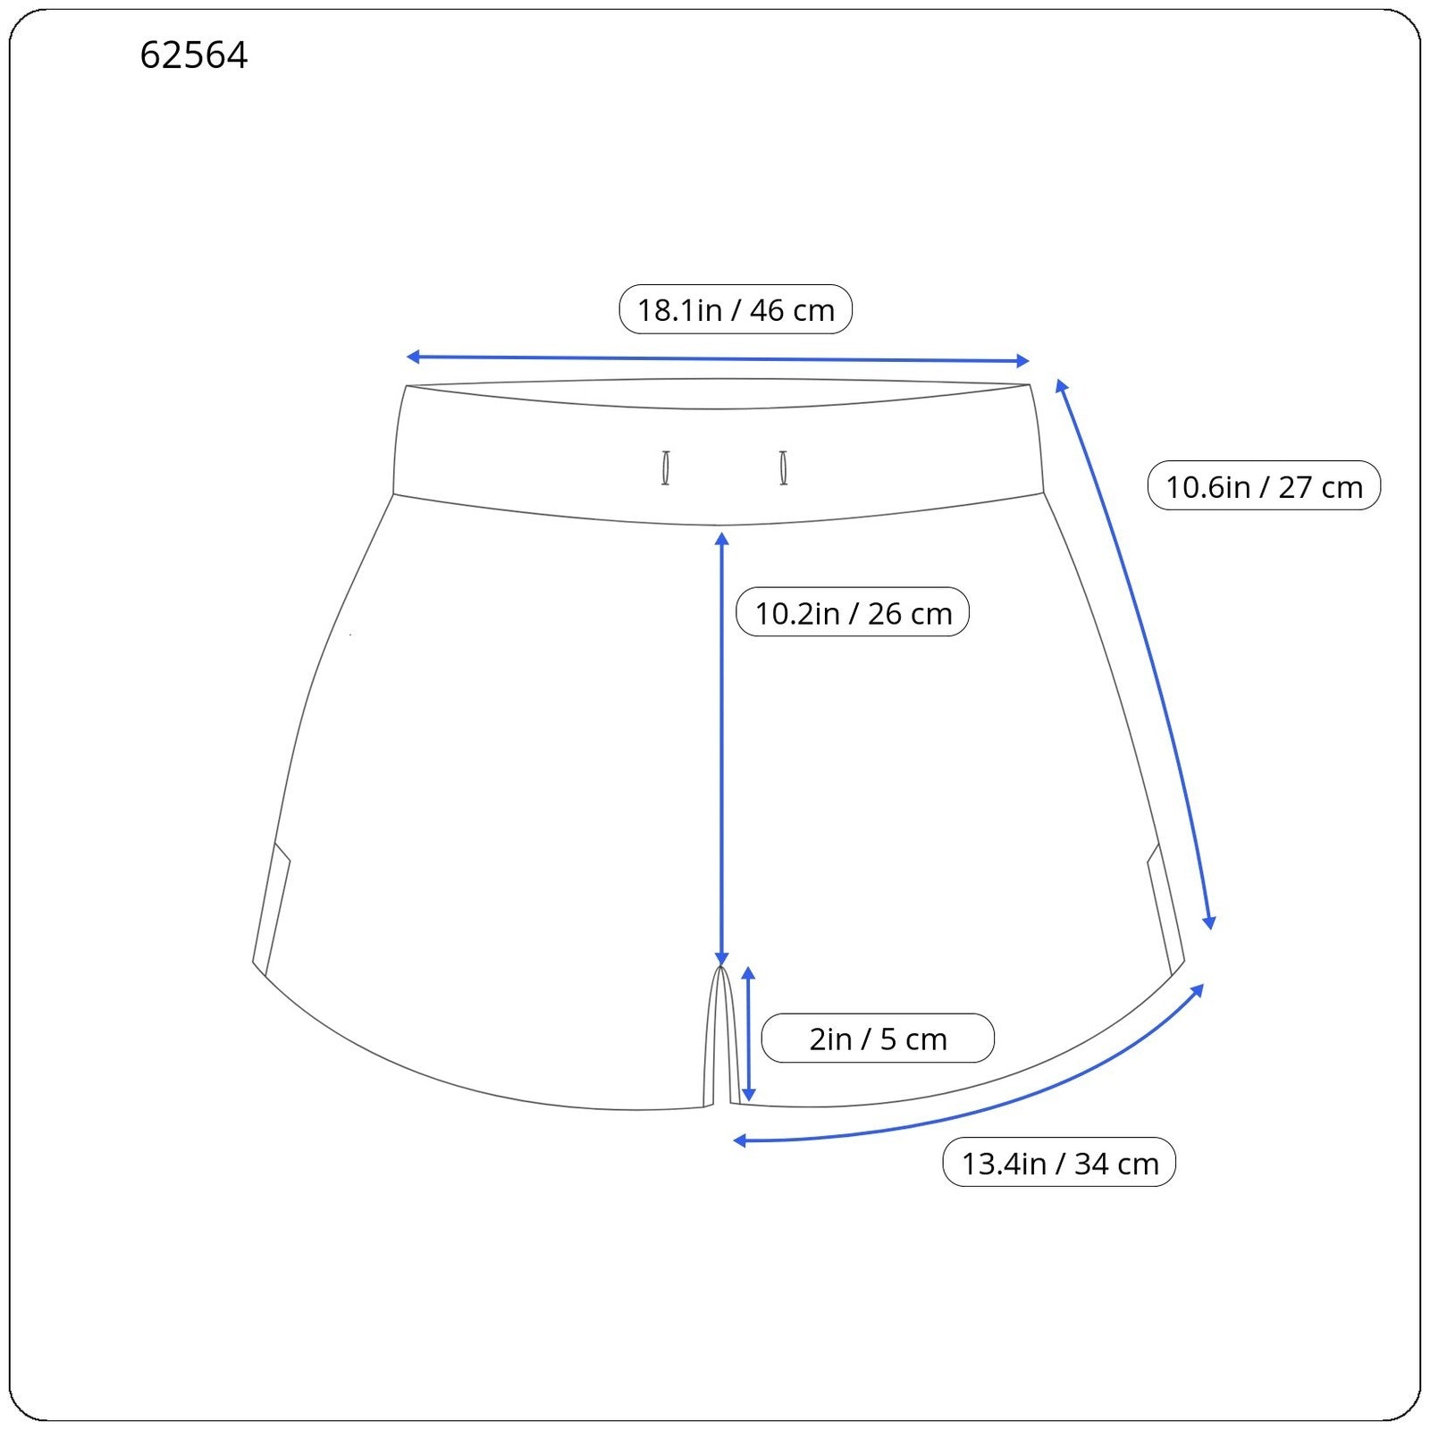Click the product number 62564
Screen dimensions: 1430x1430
(194, 55)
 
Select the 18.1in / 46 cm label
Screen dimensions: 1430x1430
(736, 309)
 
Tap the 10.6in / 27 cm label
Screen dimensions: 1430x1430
(1264, 486)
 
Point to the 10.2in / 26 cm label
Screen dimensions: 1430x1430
(853, 612)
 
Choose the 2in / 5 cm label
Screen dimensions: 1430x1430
(878, 1039)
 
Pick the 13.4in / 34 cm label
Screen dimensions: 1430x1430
(1059, 1163)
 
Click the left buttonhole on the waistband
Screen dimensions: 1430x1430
(666, 468)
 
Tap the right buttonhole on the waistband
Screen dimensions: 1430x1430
(784, 468)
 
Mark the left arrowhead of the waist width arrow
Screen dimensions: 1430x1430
(413, 357)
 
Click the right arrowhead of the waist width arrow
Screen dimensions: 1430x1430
(1023, 361)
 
